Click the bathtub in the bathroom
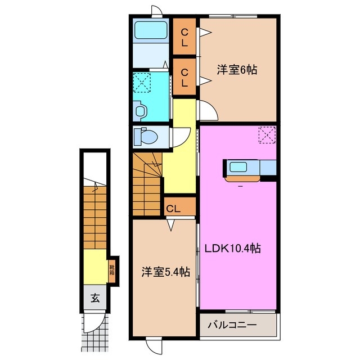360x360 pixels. pos(150,30)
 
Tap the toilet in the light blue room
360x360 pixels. pos(147,136)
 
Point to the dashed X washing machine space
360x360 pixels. pos(142,83)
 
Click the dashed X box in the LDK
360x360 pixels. pos(266,134)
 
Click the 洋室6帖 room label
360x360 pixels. pos(237,70)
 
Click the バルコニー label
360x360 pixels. pos(232,325)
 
